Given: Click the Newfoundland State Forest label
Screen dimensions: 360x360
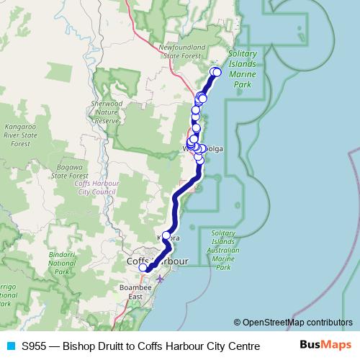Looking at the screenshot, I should coord(181,51).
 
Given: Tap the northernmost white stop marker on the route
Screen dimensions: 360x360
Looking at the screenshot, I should coord(216,71).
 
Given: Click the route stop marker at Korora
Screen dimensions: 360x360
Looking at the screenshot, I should coord(166,235).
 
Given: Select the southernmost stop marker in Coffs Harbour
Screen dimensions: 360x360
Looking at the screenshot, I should coord(143,268).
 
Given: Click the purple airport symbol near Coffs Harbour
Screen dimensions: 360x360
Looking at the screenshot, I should coord(160,279).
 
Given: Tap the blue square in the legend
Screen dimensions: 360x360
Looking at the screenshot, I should coord(11,346).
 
